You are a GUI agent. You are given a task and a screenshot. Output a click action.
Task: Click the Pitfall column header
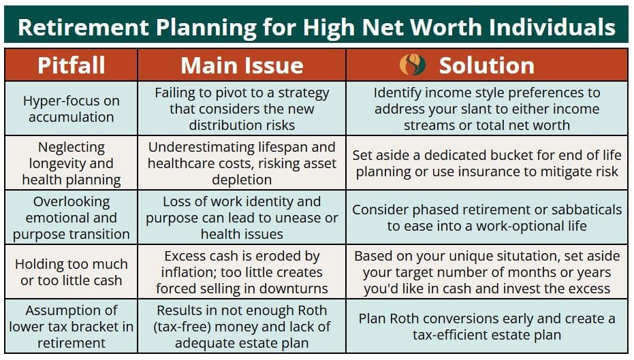(71, 65)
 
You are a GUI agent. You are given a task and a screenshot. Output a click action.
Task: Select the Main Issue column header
(242, 65)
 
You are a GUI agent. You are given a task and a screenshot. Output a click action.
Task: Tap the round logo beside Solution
(413, 65)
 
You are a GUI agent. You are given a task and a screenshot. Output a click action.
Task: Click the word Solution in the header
(486, 65)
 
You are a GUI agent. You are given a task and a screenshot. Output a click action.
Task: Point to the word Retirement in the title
(84, 27)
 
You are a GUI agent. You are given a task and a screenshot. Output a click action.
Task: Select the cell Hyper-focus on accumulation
(71, 109)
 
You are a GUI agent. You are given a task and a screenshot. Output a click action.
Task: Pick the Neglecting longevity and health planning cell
(71, 163)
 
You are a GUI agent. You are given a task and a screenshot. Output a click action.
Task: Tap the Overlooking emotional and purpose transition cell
(71, 217)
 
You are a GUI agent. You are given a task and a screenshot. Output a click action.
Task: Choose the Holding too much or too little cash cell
(71, 272)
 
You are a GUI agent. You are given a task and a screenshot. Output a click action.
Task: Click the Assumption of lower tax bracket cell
(71, 327)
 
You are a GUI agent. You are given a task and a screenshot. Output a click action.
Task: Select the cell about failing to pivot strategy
(242, 109)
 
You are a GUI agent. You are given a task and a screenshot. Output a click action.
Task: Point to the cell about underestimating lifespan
(242, 163)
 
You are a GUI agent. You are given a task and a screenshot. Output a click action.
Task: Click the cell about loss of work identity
(242, 217)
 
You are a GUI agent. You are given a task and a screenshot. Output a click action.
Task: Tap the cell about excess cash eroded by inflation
(242, 272)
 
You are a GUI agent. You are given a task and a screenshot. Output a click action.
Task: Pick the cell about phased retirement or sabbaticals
(487, 217)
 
